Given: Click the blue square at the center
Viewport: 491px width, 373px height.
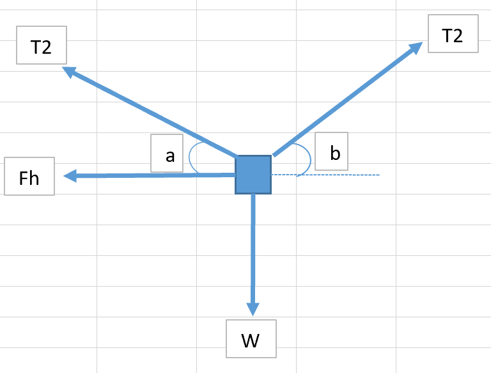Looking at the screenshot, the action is point(253,175).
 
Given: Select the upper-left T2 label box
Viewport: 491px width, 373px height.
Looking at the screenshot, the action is point(41,47).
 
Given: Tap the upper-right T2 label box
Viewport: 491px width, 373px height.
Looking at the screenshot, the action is point(453,36).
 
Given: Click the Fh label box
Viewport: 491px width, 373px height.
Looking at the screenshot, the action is point(29,177).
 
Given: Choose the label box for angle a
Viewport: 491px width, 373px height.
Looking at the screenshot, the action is point(167,154).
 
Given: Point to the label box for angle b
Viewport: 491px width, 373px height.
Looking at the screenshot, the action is point(332,152).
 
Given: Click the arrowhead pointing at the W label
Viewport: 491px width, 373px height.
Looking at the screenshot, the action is point(253,308).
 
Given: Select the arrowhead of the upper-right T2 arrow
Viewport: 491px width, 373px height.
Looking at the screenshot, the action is point(415,47).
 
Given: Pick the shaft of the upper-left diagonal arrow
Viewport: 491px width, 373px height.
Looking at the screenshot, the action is point(153,113).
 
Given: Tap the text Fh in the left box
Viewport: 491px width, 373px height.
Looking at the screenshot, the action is point(29,177).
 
